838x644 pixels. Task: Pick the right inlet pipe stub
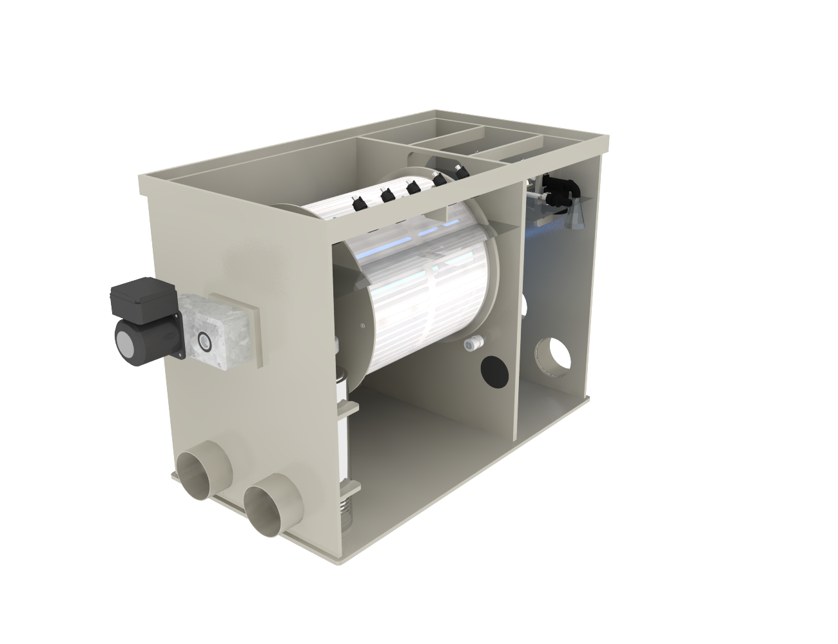click(270, 506)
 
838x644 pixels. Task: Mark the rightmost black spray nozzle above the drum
click(461, 171)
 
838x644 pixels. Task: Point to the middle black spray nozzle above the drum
click(413, 187)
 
